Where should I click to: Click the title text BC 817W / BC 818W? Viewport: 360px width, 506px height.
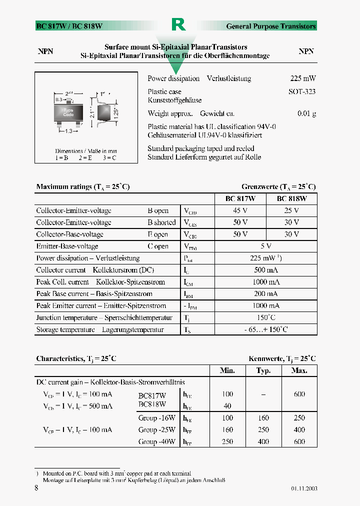click(x=69, y=26)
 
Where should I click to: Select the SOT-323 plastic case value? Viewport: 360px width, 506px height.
click(x=301, y=91)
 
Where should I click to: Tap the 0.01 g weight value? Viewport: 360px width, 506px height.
click(x=306, y=113)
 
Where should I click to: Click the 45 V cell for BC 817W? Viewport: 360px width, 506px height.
click(x=240, y=210)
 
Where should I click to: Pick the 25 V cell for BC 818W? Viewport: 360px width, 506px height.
click(x=291, y=210)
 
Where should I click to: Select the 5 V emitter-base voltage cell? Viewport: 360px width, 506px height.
click(x=265, y=246)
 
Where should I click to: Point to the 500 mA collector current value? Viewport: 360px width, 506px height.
click(x=265, y=270)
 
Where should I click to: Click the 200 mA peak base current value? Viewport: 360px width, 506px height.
click(x=265, y=294)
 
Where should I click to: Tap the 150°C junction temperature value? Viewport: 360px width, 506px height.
click(x=265, y=317)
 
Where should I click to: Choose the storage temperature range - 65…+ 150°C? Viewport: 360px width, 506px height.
click(x=265, y=329)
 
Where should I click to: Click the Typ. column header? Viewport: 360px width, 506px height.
click(x=263, y=370)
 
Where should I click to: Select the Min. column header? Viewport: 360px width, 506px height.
click(x=227, y=370)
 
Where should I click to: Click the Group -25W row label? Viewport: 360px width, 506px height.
click(x=157, y=429)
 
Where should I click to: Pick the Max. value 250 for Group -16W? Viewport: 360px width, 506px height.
click(x=299, y=417)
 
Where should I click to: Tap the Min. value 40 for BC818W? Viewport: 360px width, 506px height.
click(x=227, y=406)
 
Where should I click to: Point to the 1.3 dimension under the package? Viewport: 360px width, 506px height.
click(x=68, y=131)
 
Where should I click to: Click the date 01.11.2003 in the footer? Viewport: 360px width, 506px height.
click(x=304, y=488)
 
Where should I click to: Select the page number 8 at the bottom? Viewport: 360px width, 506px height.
click(x=36, y=488)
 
